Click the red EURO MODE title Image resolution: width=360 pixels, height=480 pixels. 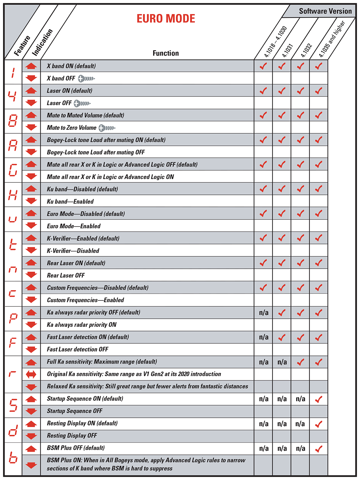(x=166, y=19)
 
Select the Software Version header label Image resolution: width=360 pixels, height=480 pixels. (x=325, y=11)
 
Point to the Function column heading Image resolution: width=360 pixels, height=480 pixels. (x=166, y=53)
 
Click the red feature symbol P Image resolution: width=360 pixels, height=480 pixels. (x=13, y=319)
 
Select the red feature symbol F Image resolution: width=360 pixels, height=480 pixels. (x=13, y=343)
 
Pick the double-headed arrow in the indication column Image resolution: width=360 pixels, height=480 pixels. (x=31, y=374)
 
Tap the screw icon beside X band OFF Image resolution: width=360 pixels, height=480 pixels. (x=86, y=79)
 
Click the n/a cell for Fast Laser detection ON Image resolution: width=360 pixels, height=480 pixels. (x=264, y=337)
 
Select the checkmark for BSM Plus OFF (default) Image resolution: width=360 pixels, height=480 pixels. (x=319, y=449)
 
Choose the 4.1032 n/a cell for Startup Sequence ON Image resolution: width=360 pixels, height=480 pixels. (x=300, y=399)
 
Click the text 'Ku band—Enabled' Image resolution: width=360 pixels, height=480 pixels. (x=70, y=202)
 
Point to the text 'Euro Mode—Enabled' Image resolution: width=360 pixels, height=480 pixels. (x=74, y=226)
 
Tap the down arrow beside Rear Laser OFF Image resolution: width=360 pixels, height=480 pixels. (x=31, y=275)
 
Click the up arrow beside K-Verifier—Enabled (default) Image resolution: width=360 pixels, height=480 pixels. (x=31, y=238)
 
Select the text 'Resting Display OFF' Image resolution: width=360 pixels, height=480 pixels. (x=72, y=436)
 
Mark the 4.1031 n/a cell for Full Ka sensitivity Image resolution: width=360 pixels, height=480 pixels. (x=282, y=362)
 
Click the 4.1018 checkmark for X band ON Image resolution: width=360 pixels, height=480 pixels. (x=263, y=66)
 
